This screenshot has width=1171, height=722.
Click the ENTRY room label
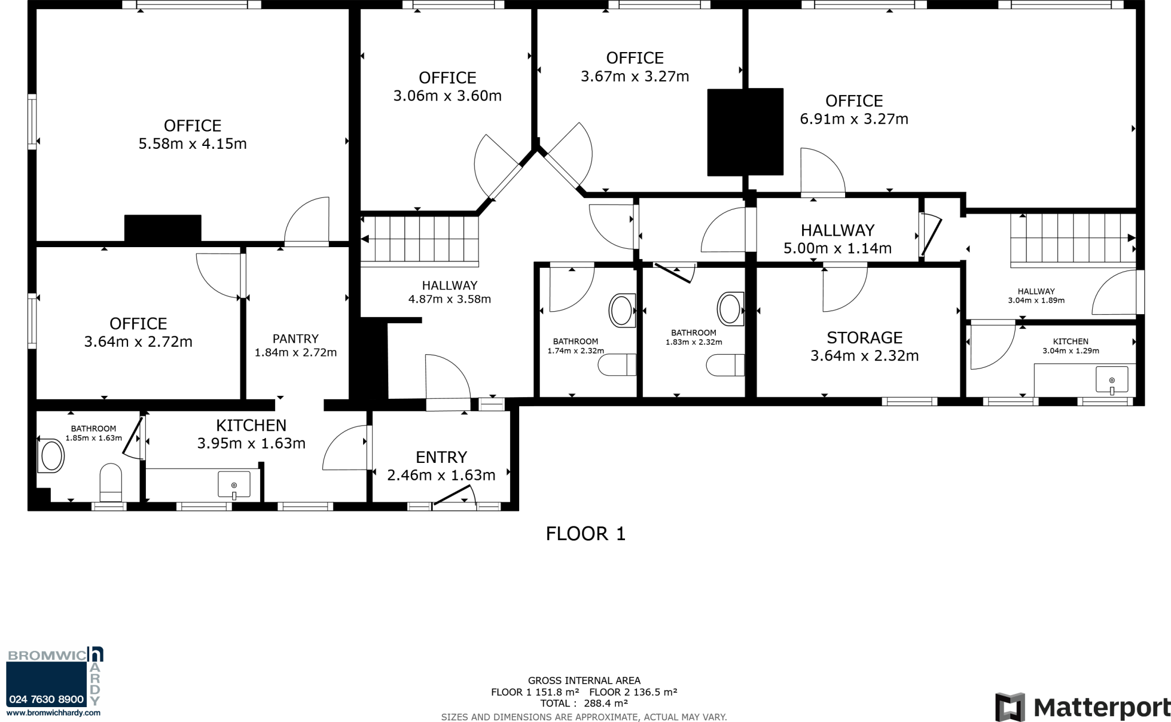pos(441,457)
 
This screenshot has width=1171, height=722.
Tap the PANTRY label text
pos(295,339)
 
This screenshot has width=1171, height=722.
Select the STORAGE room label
pos(864,338)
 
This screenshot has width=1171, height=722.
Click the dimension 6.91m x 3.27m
pos(854,119)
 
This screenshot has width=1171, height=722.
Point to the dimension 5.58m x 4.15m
pos(192,144)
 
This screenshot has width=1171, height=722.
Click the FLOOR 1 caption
pos(585,534)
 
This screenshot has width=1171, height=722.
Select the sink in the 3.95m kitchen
pos(234,485)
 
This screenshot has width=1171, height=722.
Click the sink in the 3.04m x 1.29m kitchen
pos(1112,379)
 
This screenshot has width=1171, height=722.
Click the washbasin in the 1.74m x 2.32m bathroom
pos(622,311)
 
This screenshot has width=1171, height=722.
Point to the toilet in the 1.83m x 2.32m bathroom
pos(725,364)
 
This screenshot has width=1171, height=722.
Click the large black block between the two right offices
pos(745,132)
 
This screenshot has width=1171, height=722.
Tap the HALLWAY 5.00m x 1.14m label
pos(837,239)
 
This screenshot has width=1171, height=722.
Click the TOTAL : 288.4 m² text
pos(584,703)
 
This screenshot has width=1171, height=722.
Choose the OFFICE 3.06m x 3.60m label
pos(447,86)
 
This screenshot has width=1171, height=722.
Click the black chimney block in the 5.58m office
pos(162,228)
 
